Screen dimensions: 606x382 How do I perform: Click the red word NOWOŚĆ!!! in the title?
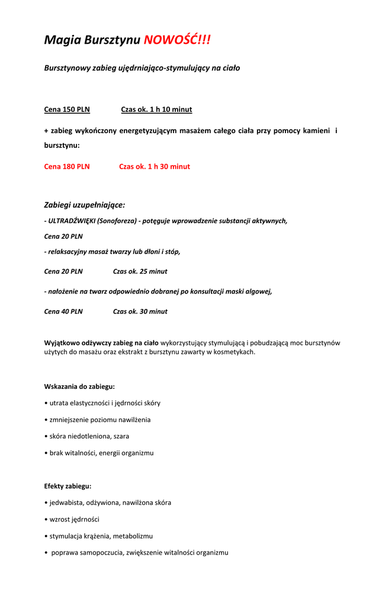177,40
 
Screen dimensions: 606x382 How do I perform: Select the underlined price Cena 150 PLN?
67,109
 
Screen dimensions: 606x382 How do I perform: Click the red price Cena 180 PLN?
67,167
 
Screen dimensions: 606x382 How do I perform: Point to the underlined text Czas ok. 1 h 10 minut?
156,109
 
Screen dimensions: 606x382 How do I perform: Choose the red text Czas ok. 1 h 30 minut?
155,167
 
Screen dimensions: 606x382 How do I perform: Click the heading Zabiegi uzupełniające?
85,205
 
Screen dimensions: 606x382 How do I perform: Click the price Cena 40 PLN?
63,311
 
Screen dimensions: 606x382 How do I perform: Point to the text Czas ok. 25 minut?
140,272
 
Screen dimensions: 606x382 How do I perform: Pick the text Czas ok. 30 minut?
140,311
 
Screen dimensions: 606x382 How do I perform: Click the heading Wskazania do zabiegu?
79,386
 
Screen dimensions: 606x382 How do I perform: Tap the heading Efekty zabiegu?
68,486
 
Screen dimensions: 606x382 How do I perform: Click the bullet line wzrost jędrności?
74,520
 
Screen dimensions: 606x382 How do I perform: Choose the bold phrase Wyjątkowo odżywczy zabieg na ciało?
101,343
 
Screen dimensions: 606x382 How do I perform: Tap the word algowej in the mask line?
258,291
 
